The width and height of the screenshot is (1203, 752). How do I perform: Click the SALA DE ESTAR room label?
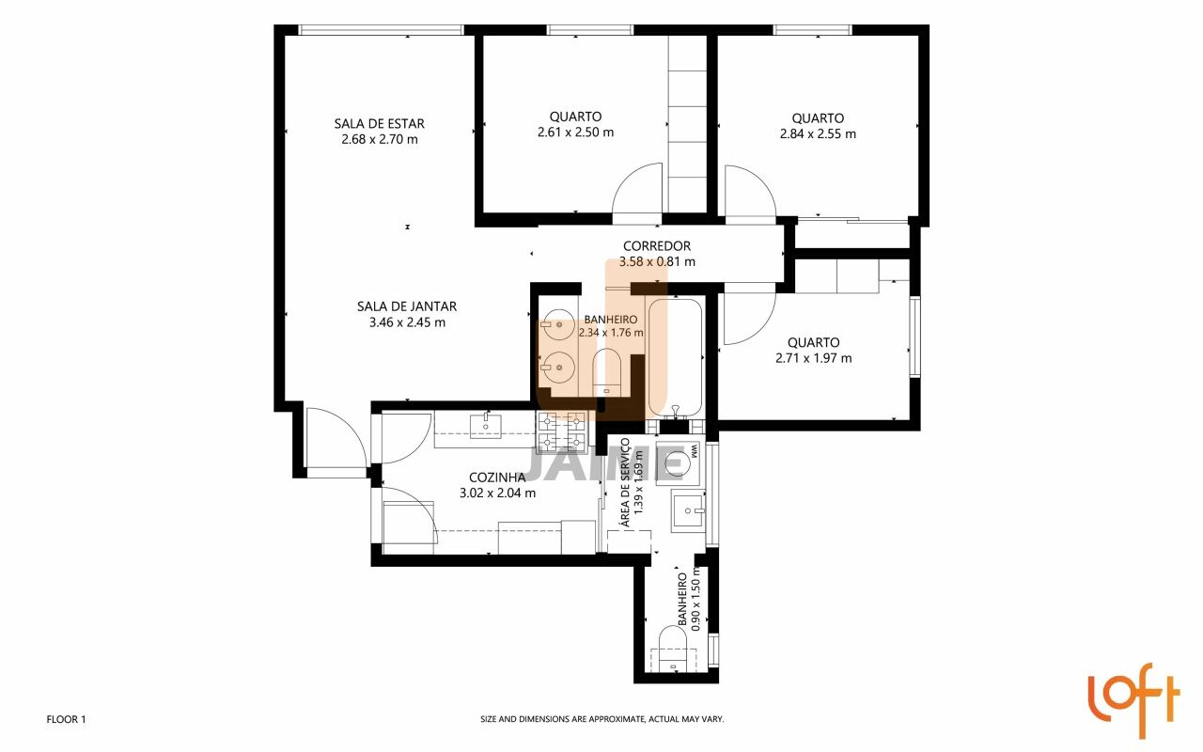[379, 123]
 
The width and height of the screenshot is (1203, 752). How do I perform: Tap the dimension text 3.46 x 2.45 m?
[407, 322]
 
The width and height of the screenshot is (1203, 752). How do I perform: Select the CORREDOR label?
[657, 246]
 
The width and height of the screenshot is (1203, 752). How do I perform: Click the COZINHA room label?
[497, 477]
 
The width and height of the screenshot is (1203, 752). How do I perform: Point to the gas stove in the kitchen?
[562, 432]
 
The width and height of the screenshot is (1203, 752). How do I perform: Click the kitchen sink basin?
[486, 426]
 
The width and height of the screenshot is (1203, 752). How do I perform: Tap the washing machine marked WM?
[678, 462]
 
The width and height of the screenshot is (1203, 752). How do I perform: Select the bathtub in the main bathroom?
[675, 358]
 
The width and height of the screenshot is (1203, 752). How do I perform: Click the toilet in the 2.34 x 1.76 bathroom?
[607, 371]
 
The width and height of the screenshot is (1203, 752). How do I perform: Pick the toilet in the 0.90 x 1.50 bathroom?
[674, 648]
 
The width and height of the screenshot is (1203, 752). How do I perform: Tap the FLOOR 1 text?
[66, 719]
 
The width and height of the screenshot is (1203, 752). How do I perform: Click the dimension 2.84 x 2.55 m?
[818, 133]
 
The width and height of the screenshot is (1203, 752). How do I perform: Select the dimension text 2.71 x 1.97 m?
[814, 358]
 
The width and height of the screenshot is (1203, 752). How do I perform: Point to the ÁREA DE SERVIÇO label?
[625, 482]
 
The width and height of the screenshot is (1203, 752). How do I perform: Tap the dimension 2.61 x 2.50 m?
[576, 133]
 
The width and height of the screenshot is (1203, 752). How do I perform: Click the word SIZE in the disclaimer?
[488, 719]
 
